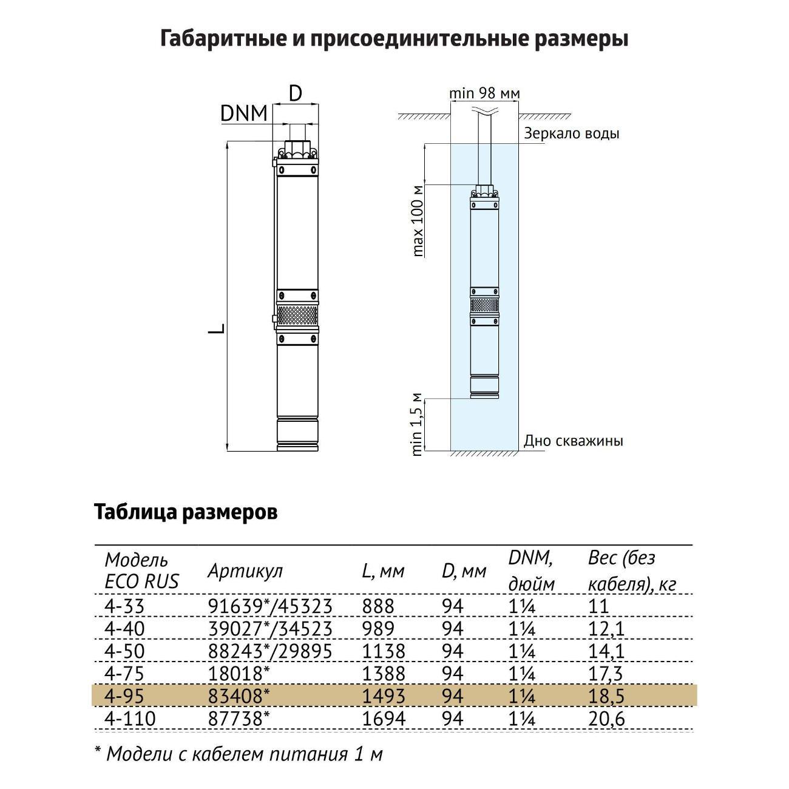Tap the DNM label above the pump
click(x=243, y=113)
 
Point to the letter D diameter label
click(x=295, y=93)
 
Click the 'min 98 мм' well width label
click(x=484, y=93)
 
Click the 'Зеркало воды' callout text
click(x=572, y=134)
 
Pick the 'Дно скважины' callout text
click(x=574, y=441)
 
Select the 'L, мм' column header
click(x=382, y=571)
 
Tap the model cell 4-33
click(x=121, y=606)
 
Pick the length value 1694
click(x=384, y=719)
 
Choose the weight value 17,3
click(x=605, y=673)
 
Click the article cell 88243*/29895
click(x=270, y=651)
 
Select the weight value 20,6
click(x=606, y=719)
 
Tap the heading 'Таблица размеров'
click(x=186, y=512)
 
